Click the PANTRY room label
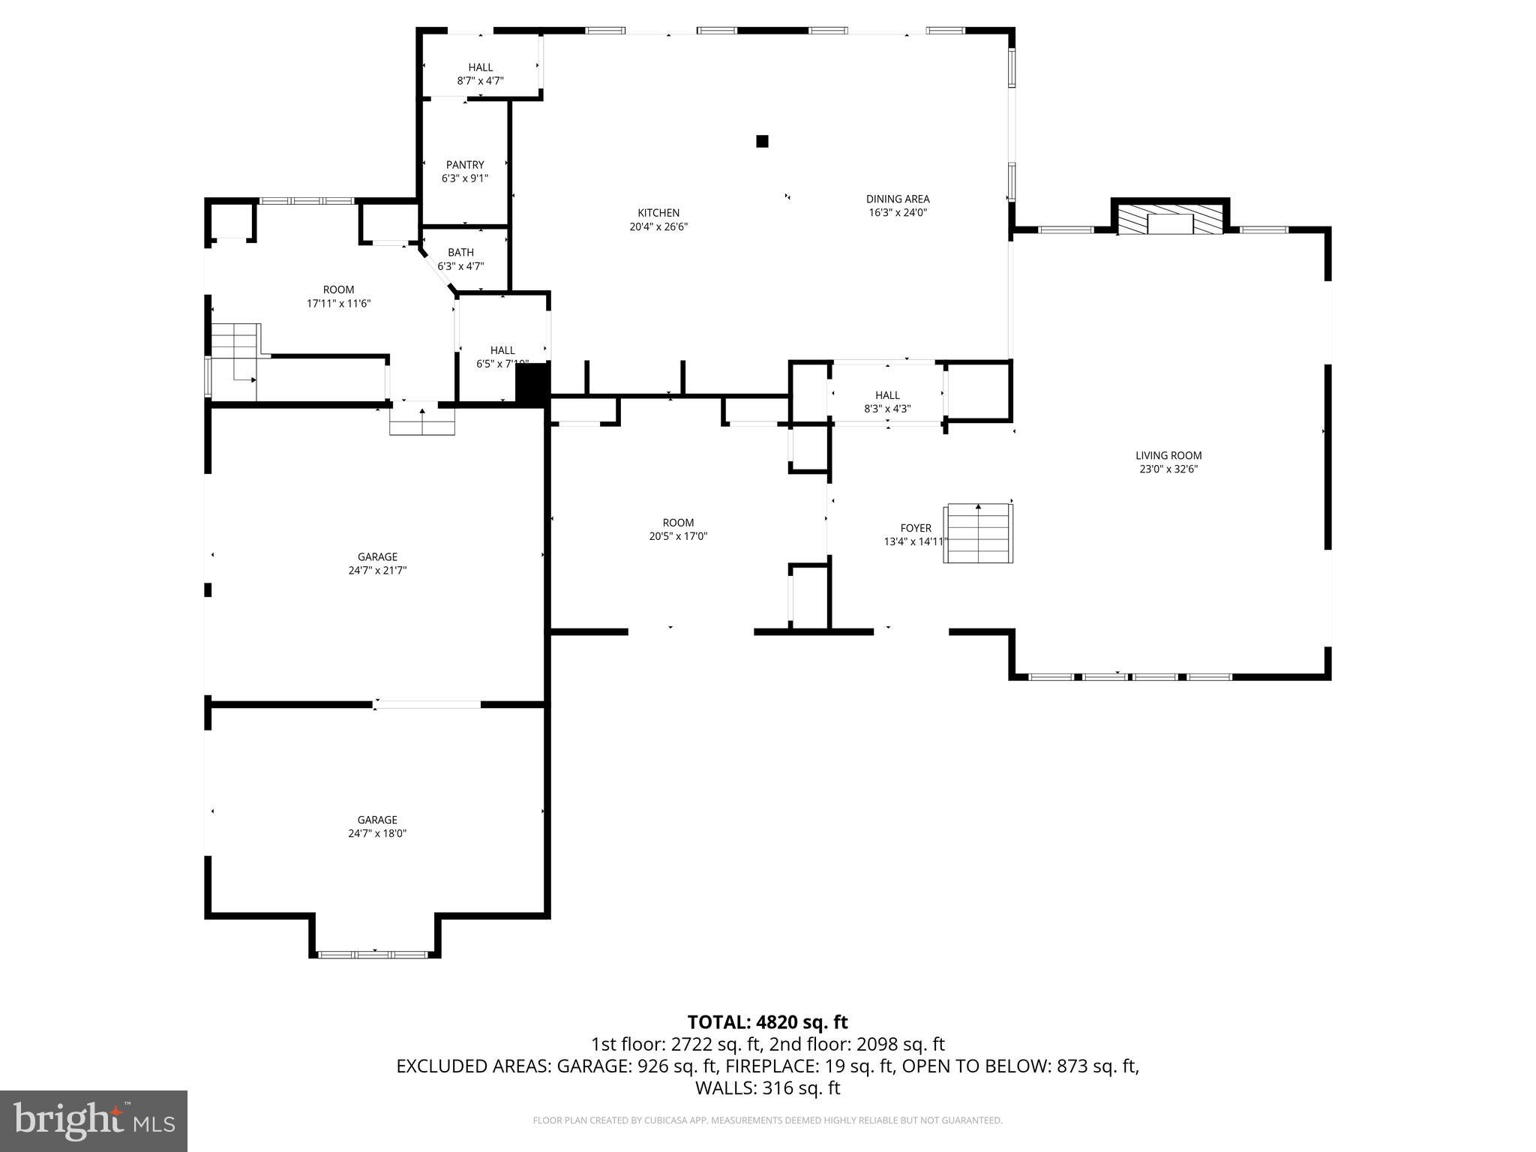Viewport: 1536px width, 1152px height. tap(465, 165)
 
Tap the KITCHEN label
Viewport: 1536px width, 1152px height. tap(658, 213)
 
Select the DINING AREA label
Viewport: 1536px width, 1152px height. tap(898, 199)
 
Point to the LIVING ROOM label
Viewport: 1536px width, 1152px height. tap(1168, 455)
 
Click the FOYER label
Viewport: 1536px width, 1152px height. tap(916, 528)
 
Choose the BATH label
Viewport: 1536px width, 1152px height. tap(460, 253)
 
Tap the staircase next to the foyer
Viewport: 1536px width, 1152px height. tap(978, 534)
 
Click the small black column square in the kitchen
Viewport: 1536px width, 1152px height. tap(762, 141)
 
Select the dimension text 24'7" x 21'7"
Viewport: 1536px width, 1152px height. tap(377, 570)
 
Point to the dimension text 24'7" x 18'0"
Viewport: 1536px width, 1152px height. tap(377, 833)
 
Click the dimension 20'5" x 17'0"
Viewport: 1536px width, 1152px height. tap(678, 536)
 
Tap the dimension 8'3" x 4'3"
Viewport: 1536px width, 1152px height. tap(887, 409)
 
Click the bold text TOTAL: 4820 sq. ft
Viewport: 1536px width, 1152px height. tap(767, 1022)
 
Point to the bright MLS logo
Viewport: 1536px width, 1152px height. tap(94, 1120)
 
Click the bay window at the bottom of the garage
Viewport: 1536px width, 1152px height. tap(373, 955)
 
